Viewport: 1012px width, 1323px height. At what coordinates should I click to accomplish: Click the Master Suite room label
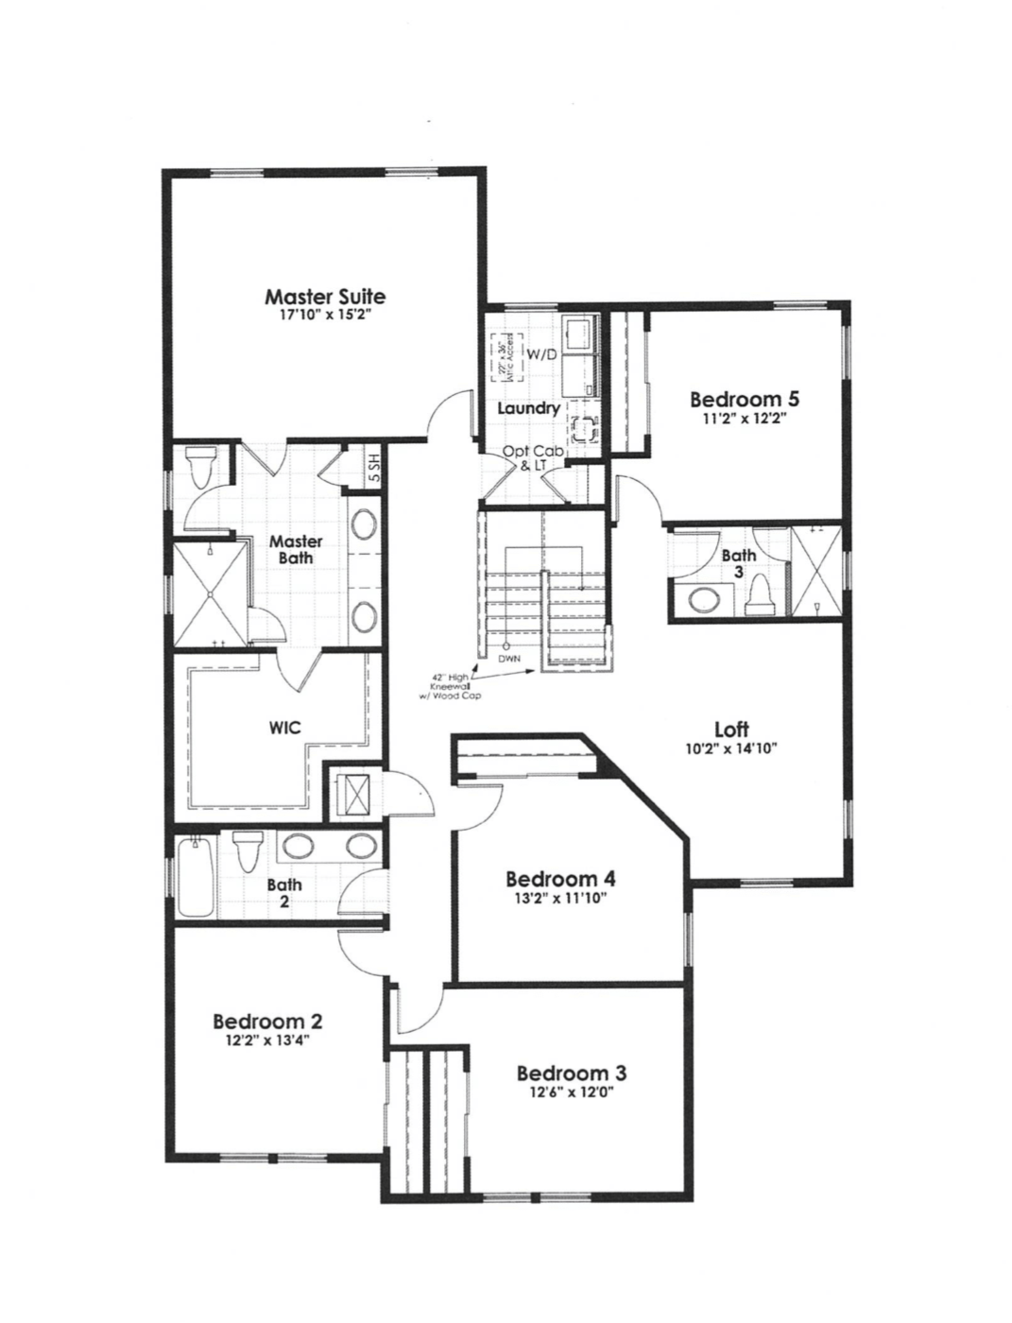[x=324, y=297]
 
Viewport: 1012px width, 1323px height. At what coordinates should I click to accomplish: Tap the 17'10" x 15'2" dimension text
[x=324, y=316]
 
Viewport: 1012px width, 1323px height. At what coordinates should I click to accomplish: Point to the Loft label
[x=731, y=729]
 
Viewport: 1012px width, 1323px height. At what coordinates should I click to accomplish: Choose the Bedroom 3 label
[x=572, y=1074]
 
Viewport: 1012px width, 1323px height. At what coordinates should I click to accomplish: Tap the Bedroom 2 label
[x=267, y=1022]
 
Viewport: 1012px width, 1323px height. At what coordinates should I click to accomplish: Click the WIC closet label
[x=284, y=728]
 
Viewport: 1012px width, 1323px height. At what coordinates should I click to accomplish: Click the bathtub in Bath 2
[x=195, y=876]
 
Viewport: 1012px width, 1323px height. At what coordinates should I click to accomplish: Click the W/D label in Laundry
[x=542, y=355]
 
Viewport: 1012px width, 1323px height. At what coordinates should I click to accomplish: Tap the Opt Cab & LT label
[x=533, y=458]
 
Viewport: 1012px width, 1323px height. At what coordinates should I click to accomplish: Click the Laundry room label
[x=529, y=408]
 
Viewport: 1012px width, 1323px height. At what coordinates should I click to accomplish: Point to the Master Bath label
[x=296, y=549]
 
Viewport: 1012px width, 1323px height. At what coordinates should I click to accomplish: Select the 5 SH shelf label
[x=374, y=467]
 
